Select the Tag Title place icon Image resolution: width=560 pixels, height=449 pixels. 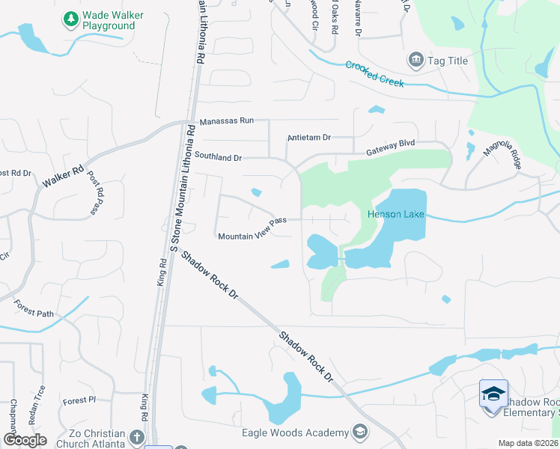click(415, 59)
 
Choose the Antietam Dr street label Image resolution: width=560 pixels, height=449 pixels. click(309, 138)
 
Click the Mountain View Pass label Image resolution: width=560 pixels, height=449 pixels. click(252, 228)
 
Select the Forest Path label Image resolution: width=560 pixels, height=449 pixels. click(34, 308)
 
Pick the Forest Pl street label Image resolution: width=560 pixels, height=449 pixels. click(80, 400)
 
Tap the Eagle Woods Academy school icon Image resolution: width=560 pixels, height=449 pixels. click(360, 432)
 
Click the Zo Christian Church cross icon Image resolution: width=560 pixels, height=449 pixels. click(136, 436)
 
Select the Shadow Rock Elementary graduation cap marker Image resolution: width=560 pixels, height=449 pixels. click(493, 394)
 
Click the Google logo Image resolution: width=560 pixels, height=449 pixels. click(25, 440)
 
